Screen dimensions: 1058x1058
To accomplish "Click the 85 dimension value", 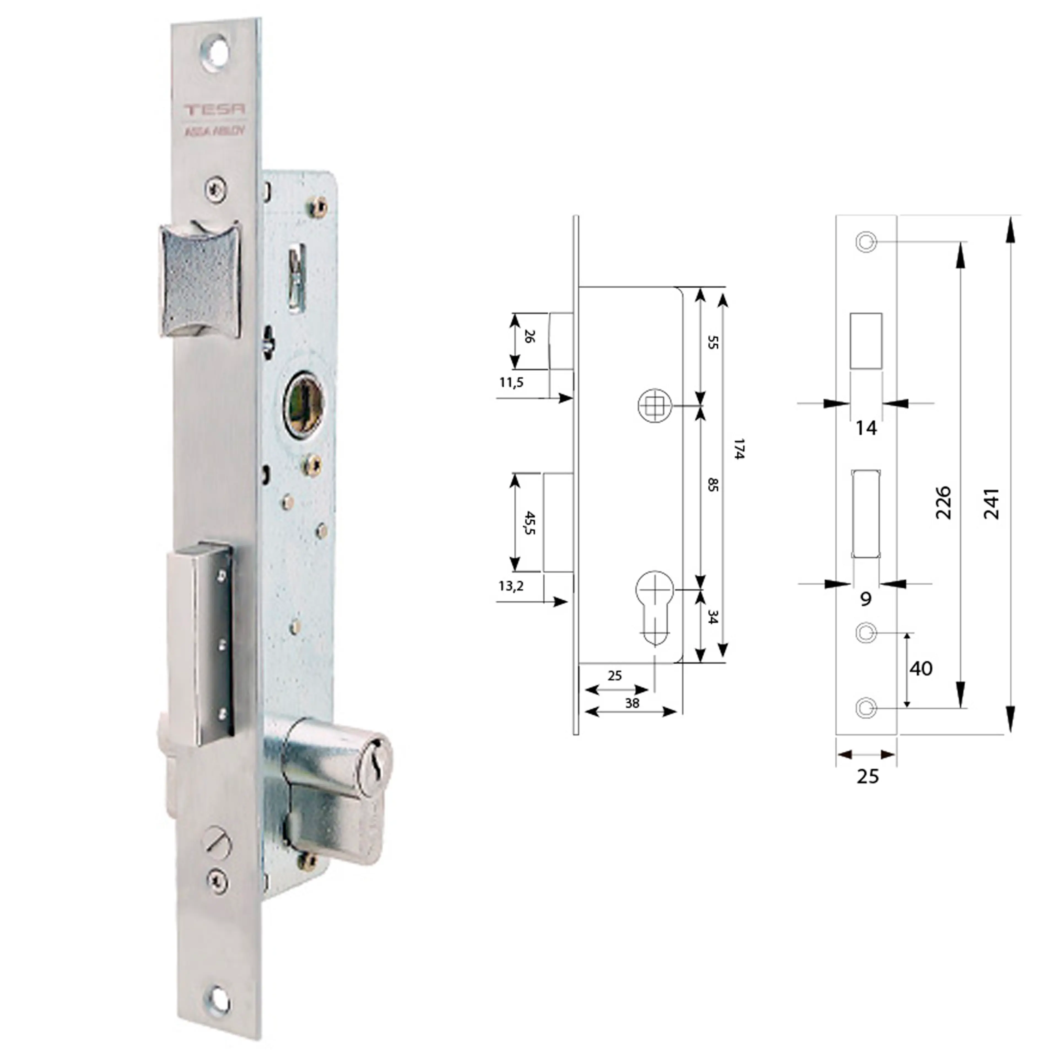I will tap(712, 484).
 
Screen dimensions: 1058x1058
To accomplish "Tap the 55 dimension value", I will tap(712, 343).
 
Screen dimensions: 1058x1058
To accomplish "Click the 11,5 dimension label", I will tap(511, 382).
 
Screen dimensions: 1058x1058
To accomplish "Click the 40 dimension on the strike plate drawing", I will tap(921, 669).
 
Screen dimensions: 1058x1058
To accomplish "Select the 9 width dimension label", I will tap(865, 599).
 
